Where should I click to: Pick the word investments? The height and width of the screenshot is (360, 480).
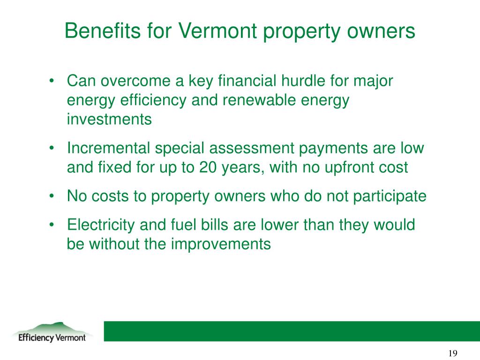pyautogui.click(x=109, y=120)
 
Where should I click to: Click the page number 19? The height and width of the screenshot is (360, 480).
pyautogui.click(x=452, y=353)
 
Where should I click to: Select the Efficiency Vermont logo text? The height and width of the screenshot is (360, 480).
pyautogui.click(x=52, y=337)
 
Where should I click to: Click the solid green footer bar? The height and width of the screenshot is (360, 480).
pyautogui.click(x=291, y=331)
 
